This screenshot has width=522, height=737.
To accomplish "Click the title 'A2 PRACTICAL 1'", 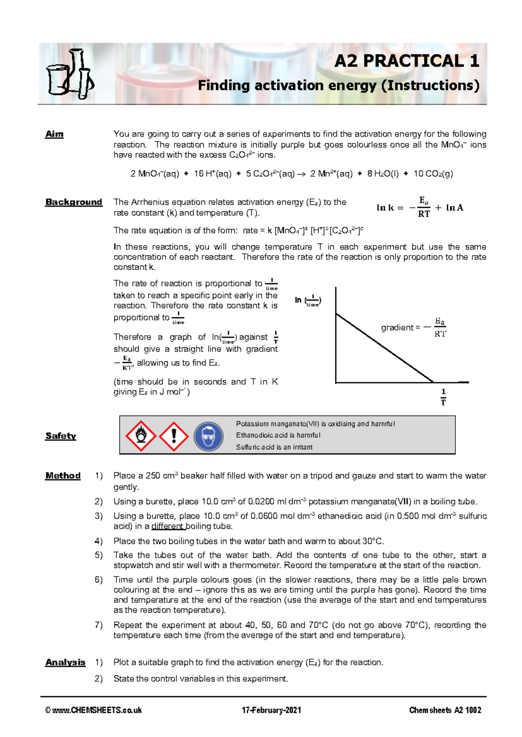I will [406, 61].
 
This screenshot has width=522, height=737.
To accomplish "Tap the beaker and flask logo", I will [70, 74].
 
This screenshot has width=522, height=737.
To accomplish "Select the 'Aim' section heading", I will [54, 134].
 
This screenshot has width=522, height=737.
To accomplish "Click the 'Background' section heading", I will [74, 202].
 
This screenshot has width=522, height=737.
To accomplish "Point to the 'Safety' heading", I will [60, 436].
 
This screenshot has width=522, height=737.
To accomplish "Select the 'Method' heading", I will [63, 476].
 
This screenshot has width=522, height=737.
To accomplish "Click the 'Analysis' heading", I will [65, 662].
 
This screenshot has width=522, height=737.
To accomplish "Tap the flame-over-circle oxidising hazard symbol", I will [141, 435].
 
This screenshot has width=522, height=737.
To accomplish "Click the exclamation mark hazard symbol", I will [174, 435].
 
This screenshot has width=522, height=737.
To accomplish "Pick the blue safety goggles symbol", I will [208, 436].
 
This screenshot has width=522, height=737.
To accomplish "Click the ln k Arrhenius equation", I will [420, 207].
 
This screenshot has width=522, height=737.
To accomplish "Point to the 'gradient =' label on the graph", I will [400, 328].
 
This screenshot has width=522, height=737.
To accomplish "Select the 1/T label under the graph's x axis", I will [443, 397].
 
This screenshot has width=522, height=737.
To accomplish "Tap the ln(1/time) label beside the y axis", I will [308, 301].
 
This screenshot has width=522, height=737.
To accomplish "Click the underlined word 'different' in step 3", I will [167, 526].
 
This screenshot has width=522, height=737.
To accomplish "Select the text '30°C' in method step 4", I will [373, 541].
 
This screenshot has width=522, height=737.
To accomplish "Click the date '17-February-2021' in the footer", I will [271, 710].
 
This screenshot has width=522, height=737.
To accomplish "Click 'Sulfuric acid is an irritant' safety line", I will [274, 447].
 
